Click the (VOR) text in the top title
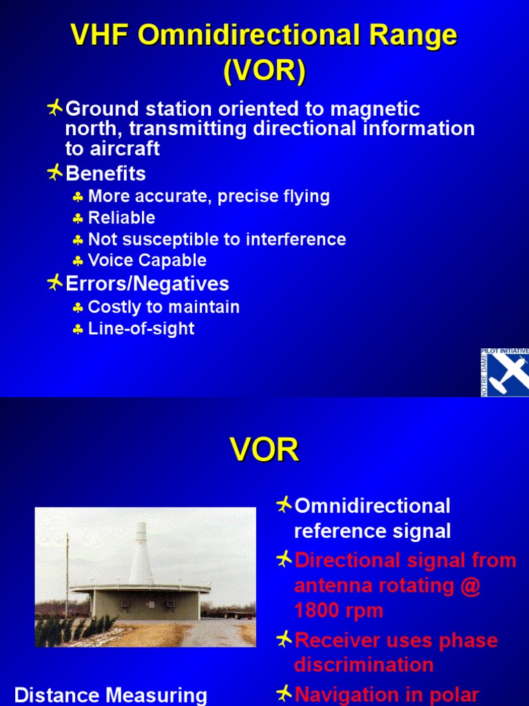tap(264, 71)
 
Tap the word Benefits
tap(105, 172)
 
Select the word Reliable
tap(122, 218)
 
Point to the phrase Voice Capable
tap(147, 261)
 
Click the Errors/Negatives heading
tap(147, 283)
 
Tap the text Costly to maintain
tap(164, 307)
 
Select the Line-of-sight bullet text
tap(141, 329)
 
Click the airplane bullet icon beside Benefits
tap(55, 172)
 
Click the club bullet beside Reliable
tap(79, 219)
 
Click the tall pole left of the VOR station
tap(68, 576)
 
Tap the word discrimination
tap(364, 665)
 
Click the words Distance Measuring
tap(110, 695)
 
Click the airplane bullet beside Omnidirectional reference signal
tap(284, 505)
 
